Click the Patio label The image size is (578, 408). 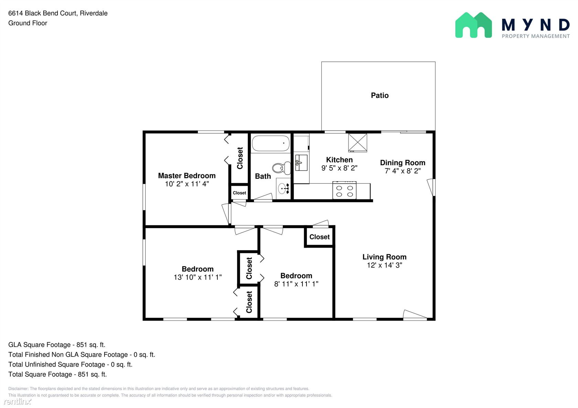379,95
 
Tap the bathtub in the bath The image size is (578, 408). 271,143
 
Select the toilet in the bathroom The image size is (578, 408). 281,168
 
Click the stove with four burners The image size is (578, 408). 344,190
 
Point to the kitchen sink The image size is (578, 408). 301,162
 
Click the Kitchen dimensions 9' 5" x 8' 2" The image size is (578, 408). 339,168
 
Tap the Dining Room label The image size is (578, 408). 403,162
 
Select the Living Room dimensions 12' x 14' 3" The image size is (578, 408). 385,265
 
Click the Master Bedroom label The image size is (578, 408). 187,176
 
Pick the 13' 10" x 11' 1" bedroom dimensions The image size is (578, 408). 197,277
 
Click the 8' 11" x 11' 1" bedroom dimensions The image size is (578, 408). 296,284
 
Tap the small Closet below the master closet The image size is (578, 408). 239,193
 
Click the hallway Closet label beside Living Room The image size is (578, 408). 319,237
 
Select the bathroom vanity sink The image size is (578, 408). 283,189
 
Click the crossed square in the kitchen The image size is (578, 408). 358,143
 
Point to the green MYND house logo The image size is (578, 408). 473,25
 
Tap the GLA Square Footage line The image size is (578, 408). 57,345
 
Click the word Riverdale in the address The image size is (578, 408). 94,13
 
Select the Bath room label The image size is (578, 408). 263,176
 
